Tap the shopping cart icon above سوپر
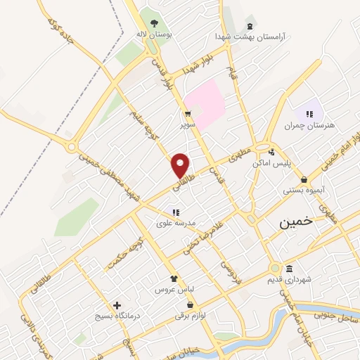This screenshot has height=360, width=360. click(187, 113)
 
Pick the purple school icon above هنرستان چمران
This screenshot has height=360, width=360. click(309, 114)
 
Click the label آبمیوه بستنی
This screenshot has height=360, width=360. click(303, 190)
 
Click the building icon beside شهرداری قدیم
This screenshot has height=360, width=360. click(289, 269)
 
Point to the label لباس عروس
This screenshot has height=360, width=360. click(174, 289)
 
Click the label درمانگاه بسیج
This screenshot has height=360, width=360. click(117, 316)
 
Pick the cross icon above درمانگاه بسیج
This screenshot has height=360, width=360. click(117, 305)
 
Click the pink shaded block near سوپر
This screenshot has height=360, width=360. click(207, 102)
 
